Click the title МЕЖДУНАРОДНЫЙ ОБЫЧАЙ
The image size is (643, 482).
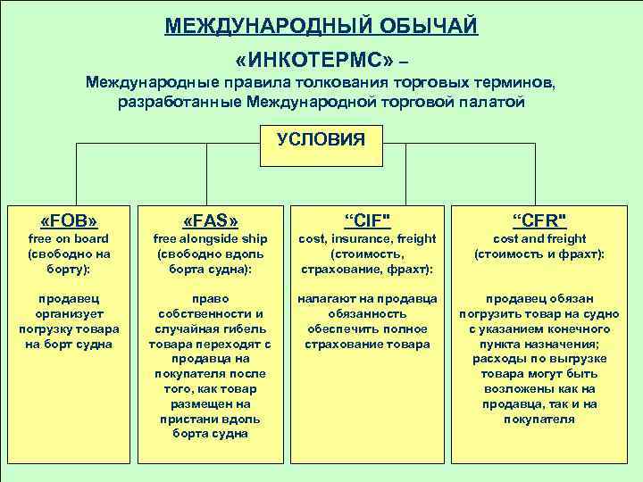[321, 24]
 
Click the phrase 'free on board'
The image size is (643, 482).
[69, 239]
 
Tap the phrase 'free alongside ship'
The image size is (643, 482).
[210, 239]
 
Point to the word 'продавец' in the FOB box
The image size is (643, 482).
[69, 299]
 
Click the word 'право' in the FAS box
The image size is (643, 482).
[210, 299]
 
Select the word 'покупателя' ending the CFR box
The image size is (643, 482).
[539, 420]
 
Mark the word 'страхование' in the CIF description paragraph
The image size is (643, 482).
[329, 344]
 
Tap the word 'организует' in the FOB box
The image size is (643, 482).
[69, 314]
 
